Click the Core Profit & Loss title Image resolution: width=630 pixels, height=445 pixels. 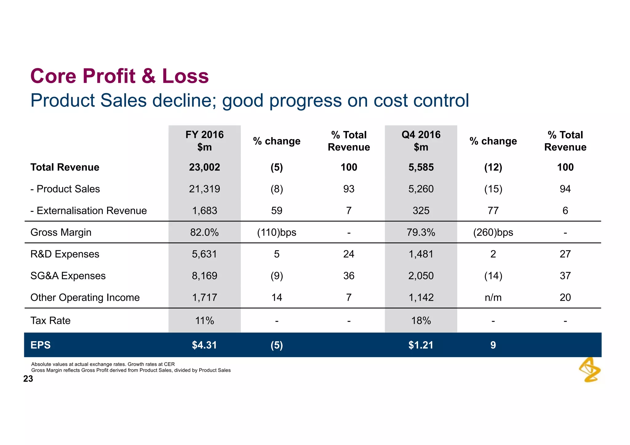click(x=119, y=76)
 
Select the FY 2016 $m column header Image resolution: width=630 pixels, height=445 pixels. click(x=205, y=141)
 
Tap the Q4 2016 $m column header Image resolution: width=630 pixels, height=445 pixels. click(x=421, y=141)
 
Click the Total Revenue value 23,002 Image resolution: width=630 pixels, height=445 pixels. click(x=205, y=167)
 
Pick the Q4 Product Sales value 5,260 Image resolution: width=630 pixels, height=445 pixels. click(x=421, y=189)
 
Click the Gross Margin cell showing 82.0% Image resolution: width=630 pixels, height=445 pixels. click(x=205, y=232)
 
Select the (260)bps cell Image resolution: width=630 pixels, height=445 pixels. click(x=493, y=232)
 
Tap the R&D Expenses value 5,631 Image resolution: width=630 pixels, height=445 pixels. click(x=205, y=254)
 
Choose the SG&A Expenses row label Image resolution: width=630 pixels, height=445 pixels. click(x=68, y=276)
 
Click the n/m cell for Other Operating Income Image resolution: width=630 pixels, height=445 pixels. click(x=493, y=297)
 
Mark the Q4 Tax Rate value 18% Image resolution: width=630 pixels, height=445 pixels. click(x=421, y=321)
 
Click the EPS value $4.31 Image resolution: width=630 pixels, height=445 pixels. click(x=205, y=345)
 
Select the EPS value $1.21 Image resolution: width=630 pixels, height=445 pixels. click(x=421, y=345)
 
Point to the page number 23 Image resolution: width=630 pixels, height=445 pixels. click(x=28, y=379)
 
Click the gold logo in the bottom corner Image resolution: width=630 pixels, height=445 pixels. click(x=590, y=370)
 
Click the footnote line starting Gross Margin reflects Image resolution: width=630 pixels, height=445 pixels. click(x=131, y=370)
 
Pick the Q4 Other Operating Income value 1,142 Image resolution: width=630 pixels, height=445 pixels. click(x=421, y=297)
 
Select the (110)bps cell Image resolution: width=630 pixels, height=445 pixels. click(x=277, y=232)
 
